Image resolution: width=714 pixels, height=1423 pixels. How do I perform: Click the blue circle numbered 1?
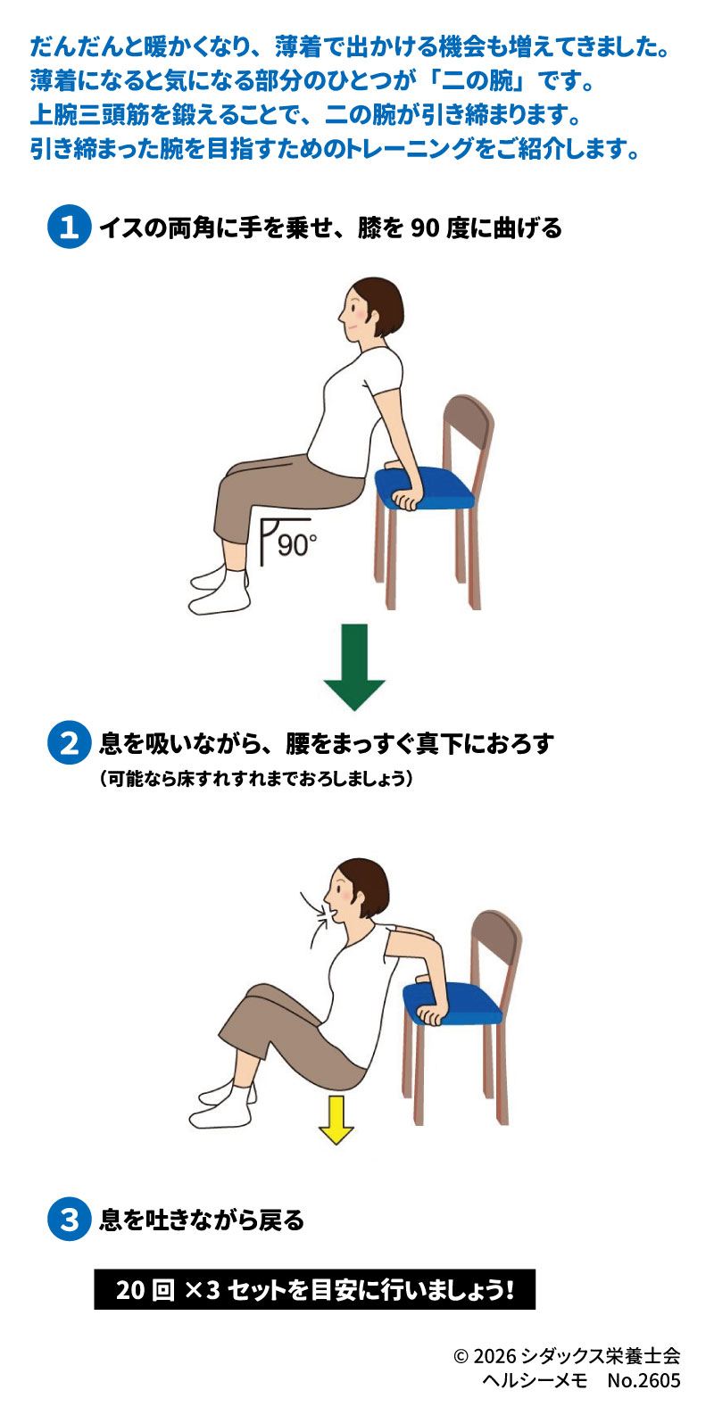(69, 228)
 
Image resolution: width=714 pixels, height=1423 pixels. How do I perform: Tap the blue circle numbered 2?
(69, 743)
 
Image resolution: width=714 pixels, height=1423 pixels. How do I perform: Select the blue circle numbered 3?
(69, 1219)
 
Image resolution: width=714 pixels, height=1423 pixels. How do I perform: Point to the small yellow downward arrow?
(336, 1120)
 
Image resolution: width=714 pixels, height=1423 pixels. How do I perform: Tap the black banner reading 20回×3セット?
(314, 1290)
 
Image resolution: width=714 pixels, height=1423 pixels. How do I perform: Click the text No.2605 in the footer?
(643, 1380)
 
